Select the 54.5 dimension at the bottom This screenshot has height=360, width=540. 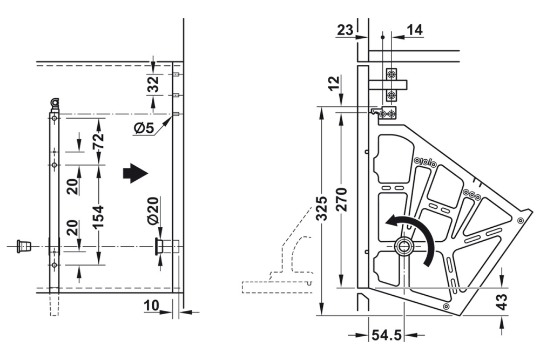[x=386, y=336]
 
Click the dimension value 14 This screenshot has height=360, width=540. [x=415, y=31]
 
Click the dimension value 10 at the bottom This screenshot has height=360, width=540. [x=151, y=306]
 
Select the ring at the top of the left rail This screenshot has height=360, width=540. [x=55, y=101]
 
